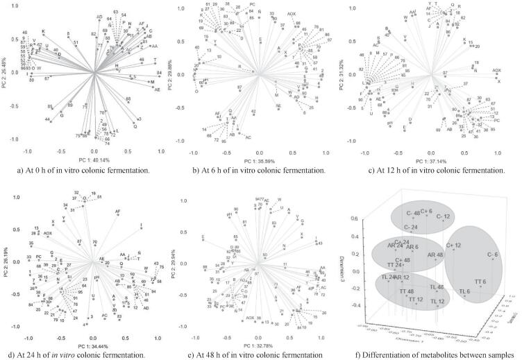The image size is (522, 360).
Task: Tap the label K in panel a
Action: coord(43,31)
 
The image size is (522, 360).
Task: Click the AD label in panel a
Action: coord(100,16)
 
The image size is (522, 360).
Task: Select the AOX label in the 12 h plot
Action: coord(496,71)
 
